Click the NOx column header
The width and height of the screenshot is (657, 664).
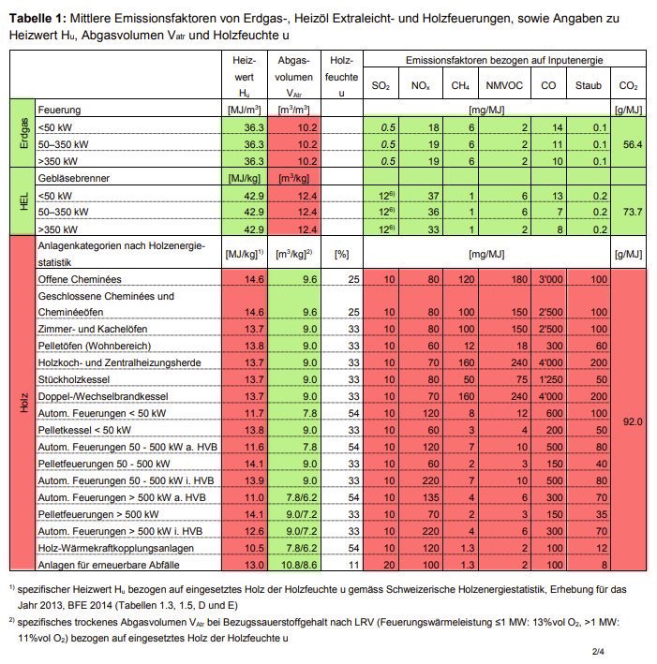[x=420, y=85]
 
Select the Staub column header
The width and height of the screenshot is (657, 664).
[x=589, y=85]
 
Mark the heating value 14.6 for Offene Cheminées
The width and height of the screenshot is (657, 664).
[x=245, y=279]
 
